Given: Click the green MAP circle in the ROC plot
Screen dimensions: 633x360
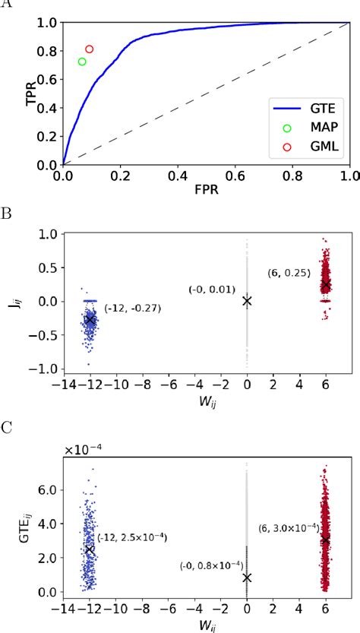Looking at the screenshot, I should pyautogui.click(x=82, y=62).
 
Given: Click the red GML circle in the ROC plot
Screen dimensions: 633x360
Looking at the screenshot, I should pyautogui.click(x=90, y=49).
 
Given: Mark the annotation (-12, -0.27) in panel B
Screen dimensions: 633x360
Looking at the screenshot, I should pyautogui.click(x=132, y=308).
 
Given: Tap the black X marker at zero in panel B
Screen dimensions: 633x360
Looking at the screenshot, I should pyautogui.click(x=247, y=301).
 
